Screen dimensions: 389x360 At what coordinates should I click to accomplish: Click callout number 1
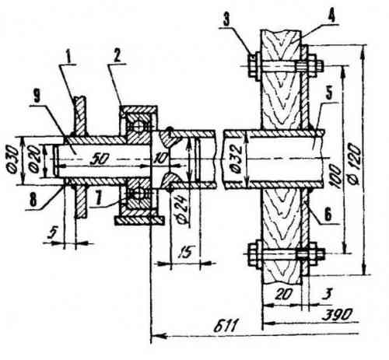click(68, 58)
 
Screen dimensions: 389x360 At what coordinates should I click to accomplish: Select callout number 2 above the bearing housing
click(117, 56)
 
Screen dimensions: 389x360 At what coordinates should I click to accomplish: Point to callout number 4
click(331, 16)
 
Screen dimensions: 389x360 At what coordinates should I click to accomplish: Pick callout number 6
click(328, 215)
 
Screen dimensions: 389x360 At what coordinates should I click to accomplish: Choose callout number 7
click(98, 199)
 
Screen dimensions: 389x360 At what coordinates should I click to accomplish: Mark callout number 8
click(33, 200)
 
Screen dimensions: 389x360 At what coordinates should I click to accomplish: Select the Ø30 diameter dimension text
click(12, 160)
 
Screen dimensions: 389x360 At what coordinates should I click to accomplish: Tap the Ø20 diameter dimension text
click(34, 160)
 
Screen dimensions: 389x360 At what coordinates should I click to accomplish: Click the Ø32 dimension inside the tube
click(236, 159)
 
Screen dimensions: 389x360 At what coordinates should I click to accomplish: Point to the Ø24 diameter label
click(183, 208)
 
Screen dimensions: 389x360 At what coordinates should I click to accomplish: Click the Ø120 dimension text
click(354, 164)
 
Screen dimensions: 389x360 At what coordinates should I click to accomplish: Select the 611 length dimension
click(225, 327)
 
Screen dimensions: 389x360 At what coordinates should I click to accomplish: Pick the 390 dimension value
click(337, 315)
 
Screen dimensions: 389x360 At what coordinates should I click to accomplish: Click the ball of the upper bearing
click(138, 127)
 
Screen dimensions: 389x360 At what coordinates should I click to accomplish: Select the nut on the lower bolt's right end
click(311, 254)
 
